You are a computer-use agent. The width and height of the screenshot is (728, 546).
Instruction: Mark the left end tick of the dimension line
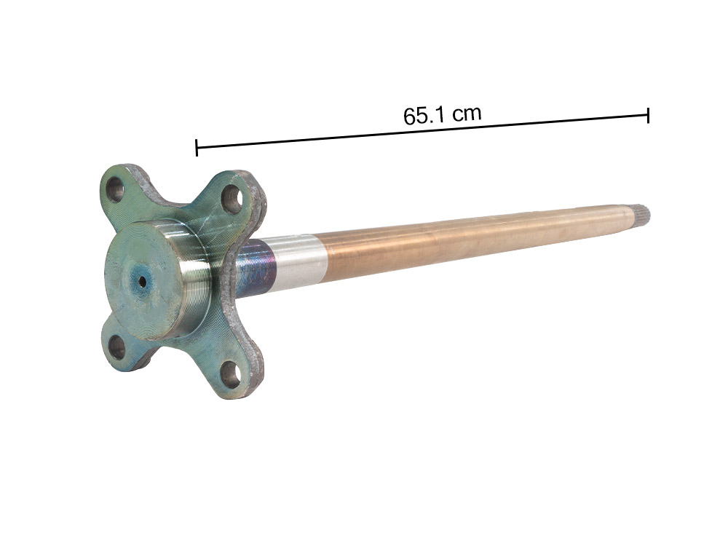(197, 148)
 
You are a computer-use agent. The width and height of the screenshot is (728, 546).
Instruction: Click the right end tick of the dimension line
(648, 114)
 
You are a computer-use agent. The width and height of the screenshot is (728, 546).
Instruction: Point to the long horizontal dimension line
(422, 131)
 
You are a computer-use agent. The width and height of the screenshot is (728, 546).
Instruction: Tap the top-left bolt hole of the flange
(115, 191)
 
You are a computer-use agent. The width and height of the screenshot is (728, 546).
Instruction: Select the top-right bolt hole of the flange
(232, 197)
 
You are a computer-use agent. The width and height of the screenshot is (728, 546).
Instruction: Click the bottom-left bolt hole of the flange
(116, 348)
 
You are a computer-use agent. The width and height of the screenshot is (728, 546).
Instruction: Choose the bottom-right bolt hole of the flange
(231, 373)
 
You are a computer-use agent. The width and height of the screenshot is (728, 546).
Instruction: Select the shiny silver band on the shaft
(298, 261)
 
